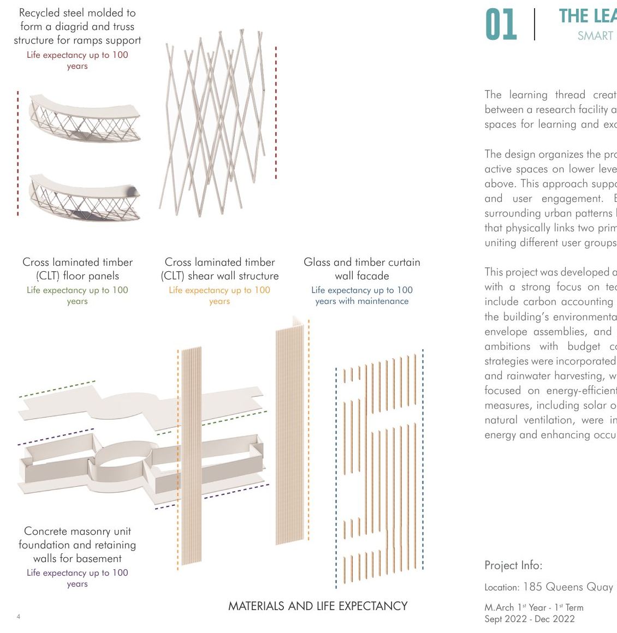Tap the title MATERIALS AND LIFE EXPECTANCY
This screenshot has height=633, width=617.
[318, 606]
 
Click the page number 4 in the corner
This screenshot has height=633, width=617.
[19, 617]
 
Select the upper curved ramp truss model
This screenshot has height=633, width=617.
[85, 118]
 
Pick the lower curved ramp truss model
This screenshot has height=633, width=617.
[85, 197]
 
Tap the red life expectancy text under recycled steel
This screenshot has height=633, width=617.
[77, 60]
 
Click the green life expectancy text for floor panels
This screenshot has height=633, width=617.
[77, 295]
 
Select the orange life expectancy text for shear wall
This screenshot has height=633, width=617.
[219, 295]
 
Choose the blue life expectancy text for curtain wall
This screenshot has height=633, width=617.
[361, 295]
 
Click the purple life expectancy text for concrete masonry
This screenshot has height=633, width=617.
[77, 578]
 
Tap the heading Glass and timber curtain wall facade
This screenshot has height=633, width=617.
[361, 268]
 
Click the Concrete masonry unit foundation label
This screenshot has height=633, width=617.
[77, 544]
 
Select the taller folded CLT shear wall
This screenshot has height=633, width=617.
[289, 431]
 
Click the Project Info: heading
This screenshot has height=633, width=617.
[513, 565]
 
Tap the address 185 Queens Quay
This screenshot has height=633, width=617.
[568, 587]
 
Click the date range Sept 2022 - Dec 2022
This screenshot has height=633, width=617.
[530, 619]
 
